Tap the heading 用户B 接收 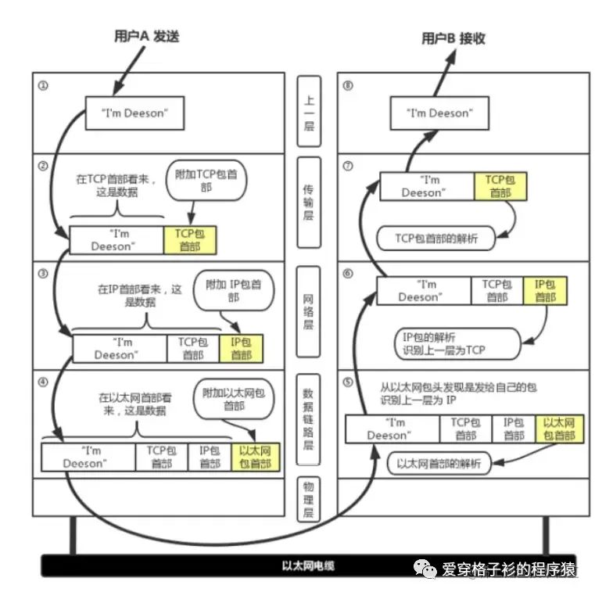[453, 37]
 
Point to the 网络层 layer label [310, 306]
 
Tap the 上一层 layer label [310, 112]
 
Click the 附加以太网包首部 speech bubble [234, 400]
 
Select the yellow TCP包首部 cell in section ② [189, 240]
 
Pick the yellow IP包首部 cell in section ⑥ [545, 290]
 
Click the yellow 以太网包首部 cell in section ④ [256, 457]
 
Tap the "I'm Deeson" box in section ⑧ [439, 113]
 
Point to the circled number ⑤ [349, 382]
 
